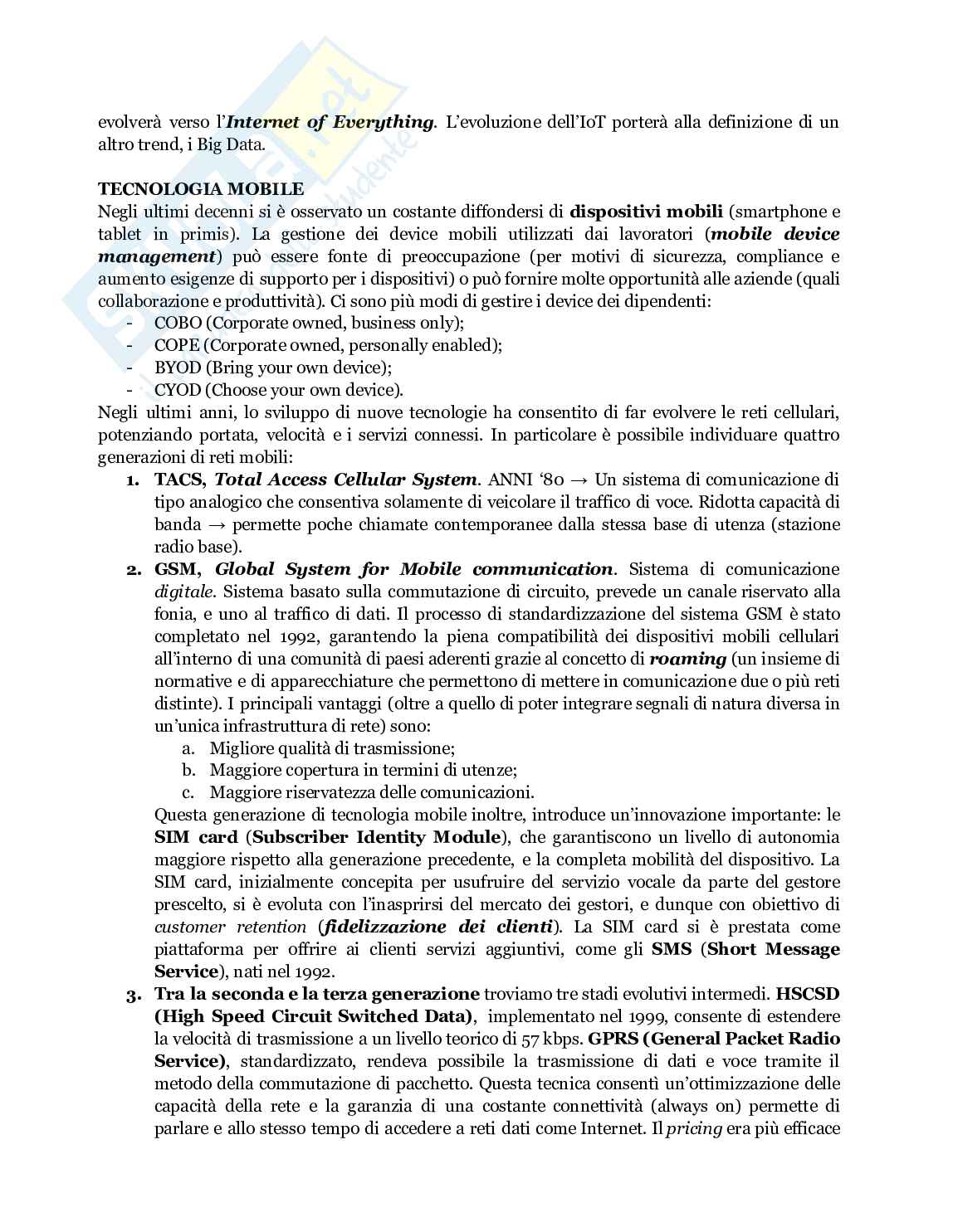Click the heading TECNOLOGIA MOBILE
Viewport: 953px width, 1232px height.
(201, 189)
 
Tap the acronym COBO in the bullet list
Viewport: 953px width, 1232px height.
(178, 323)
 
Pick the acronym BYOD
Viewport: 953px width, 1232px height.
(178, 368)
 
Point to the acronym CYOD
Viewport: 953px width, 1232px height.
(178, 390)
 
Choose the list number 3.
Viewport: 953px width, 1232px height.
(133, 994)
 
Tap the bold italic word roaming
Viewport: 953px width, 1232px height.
(687, 659)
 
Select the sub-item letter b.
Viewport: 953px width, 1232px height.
(188, 770)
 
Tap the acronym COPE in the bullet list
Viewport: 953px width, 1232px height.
(178, 345)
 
